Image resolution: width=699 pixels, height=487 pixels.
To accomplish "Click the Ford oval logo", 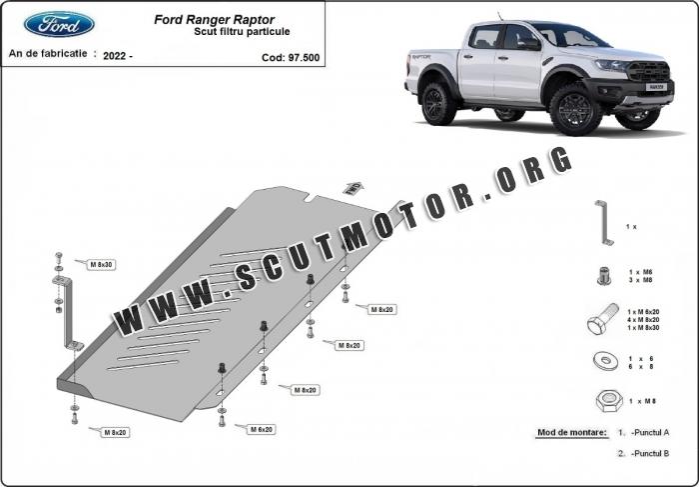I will (x=59, y=24).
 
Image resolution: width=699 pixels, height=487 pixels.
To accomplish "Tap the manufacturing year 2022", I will (x=115, y=56).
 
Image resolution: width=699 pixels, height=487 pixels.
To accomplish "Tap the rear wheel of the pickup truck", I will (x=438, y=103).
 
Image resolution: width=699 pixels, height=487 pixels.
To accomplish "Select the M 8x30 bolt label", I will (x=101, y=264).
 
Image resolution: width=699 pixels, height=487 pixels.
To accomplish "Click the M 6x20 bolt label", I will (x=261, y=429).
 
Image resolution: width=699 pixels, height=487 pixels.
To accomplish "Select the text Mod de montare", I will (x=570, y=433).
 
